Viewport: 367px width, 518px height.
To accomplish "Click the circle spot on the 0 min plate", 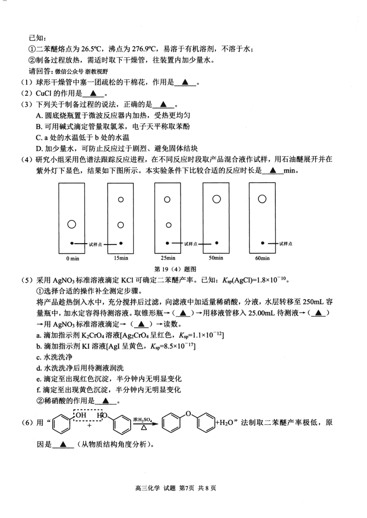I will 72,224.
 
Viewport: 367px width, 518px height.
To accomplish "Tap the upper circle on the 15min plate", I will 121,200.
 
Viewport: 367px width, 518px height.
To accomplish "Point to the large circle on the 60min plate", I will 262,199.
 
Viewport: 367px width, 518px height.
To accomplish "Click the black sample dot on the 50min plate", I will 217,243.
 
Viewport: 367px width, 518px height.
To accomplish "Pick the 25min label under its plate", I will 168,259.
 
